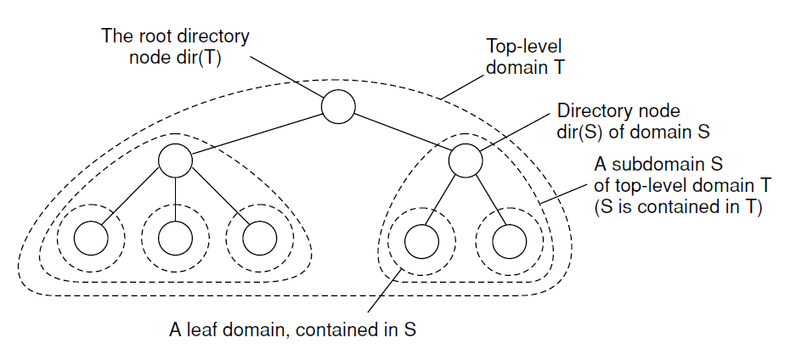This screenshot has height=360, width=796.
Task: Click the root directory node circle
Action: pos(337,107)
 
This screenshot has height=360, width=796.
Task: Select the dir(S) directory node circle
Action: pos(465,160)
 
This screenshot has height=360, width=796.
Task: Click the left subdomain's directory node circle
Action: pos(175,160)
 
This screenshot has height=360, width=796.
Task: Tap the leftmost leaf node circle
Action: pos(89,239)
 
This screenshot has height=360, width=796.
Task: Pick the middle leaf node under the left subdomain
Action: pos(175,239)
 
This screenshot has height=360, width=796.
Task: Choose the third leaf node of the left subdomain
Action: pos(258,239)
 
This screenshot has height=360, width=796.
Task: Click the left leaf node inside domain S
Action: pos(421,241)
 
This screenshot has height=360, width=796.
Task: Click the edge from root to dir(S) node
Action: pos(401,134)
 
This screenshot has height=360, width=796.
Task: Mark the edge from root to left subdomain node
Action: pos(257,133)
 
